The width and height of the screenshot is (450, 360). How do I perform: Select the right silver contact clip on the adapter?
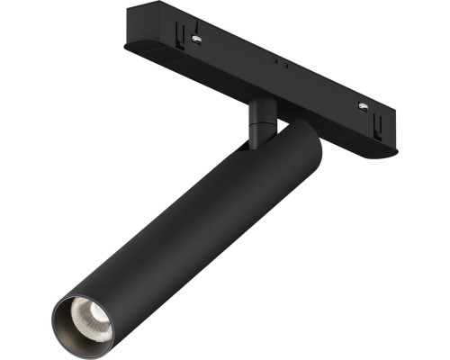tap(364, 107)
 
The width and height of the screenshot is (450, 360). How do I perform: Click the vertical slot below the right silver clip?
tap(362, 121)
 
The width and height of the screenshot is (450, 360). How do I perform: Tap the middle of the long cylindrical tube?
tap(189, 225)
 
